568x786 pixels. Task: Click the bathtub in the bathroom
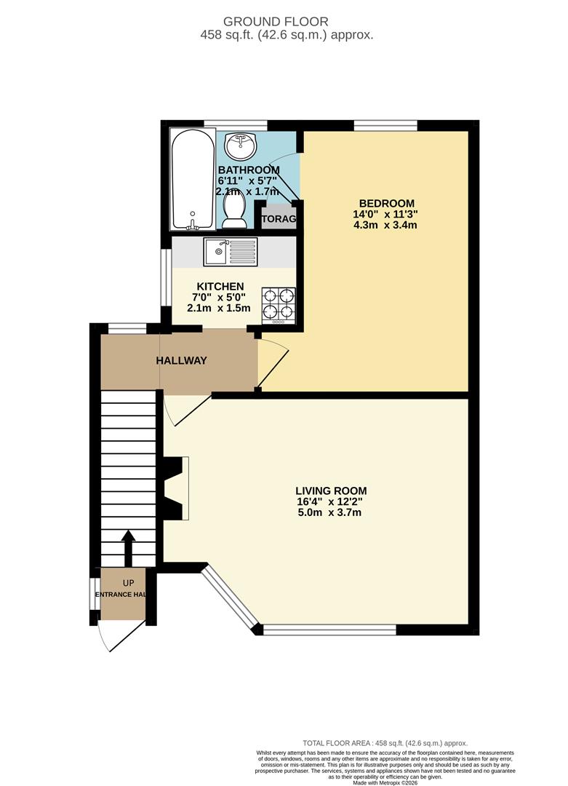pos(193,179)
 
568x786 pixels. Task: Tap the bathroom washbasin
pos(240,146)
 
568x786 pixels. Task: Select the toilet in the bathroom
pos(234,213)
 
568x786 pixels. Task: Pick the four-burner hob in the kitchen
pos(279,305)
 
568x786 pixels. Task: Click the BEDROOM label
pos(387,203)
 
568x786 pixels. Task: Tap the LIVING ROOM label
pos(331,491)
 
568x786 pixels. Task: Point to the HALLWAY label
pos(182,360)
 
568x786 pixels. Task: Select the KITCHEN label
pos(219,286)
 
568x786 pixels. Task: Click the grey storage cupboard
pos(279,218)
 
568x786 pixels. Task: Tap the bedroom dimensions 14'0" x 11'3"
pos(387,215)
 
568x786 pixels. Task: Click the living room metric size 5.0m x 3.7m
pos(331,512)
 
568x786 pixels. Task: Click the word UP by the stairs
pos(128,584)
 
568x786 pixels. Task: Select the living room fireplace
pos(175,488)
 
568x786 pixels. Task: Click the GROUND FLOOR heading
pos(285,22)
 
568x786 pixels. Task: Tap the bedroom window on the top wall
pos(385,126)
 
